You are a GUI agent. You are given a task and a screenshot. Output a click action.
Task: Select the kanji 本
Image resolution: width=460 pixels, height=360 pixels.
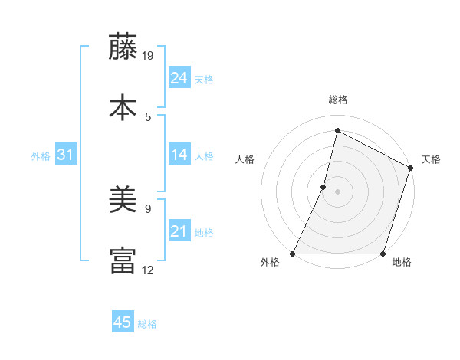pyautogui.click(x=123, y=106)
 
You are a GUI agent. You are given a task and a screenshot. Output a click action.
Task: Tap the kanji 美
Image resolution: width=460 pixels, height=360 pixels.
pyautogui.click(x=123, y=198)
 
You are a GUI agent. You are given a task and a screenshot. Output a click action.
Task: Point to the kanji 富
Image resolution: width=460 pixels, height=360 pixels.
pyautogui.click(x=123, y=260)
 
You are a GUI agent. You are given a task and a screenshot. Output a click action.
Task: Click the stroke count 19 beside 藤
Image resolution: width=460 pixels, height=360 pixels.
pyautogui.click(x=149, y=55)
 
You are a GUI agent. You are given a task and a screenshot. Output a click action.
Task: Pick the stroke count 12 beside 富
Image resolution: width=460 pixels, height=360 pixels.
pyautogui.click(x=149, y=270)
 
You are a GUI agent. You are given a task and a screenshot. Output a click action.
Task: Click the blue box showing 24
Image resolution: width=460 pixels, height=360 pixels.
pyautogui.click(x=179, y=78)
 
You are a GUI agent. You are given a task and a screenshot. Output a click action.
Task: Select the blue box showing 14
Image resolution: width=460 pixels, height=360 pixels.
pyautogui.click(x=179, y=155)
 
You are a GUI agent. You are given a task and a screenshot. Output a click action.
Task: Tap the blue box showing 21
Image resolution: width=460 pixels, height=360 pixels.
pyautogui.click(x=179, y=231)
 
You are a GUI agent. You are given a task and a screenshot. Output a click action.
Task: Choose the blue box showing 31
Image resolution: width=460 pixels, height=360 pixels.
pyautogui.click(x=66, y=155)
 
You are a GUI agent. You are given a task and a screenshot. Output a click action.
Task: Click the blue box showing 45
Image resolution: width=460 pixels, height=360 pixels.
pyautogui.click(x=123, y=322)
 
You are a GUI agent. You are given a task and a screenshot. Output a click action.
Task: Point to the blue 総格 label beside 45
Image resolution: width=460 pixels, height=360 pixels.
pyautogui.click(x=147, y=324)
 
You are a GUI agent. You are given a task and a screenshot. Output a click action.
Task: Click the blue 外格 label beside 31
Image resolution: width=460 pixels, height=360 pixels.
pyautogui.click(x=41, y=156)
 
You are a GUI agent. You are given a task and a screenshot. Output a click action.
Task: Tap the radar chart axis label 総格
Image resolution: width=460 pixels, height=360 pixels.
pyautogui.click(x=337, y=100)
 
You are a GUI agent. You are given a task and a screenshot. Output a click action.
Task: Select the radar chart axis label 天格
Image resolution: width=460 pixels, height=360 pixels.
pyautogui.click(x=431, y=159)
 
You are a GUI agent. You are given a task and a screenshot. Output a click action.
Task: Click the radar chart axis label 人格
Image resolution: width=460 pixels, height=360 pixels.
pyautogui.click(x=245, y=159)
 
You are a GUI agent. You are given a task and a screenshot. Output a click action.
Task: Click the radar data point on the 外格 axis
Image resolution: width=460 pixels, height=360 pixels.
pyautogui.click(x=293, y=254)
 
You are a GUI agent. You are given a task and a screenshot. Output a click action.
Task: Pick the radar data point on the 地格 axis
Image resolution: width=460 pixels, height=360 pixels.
pyautogui.click(x=383, y=254)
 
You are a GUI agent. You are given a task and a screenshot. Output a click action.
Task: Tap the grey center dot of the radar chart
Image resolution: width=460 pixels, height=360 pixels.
pyautogui.click(x=337, y=191)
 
